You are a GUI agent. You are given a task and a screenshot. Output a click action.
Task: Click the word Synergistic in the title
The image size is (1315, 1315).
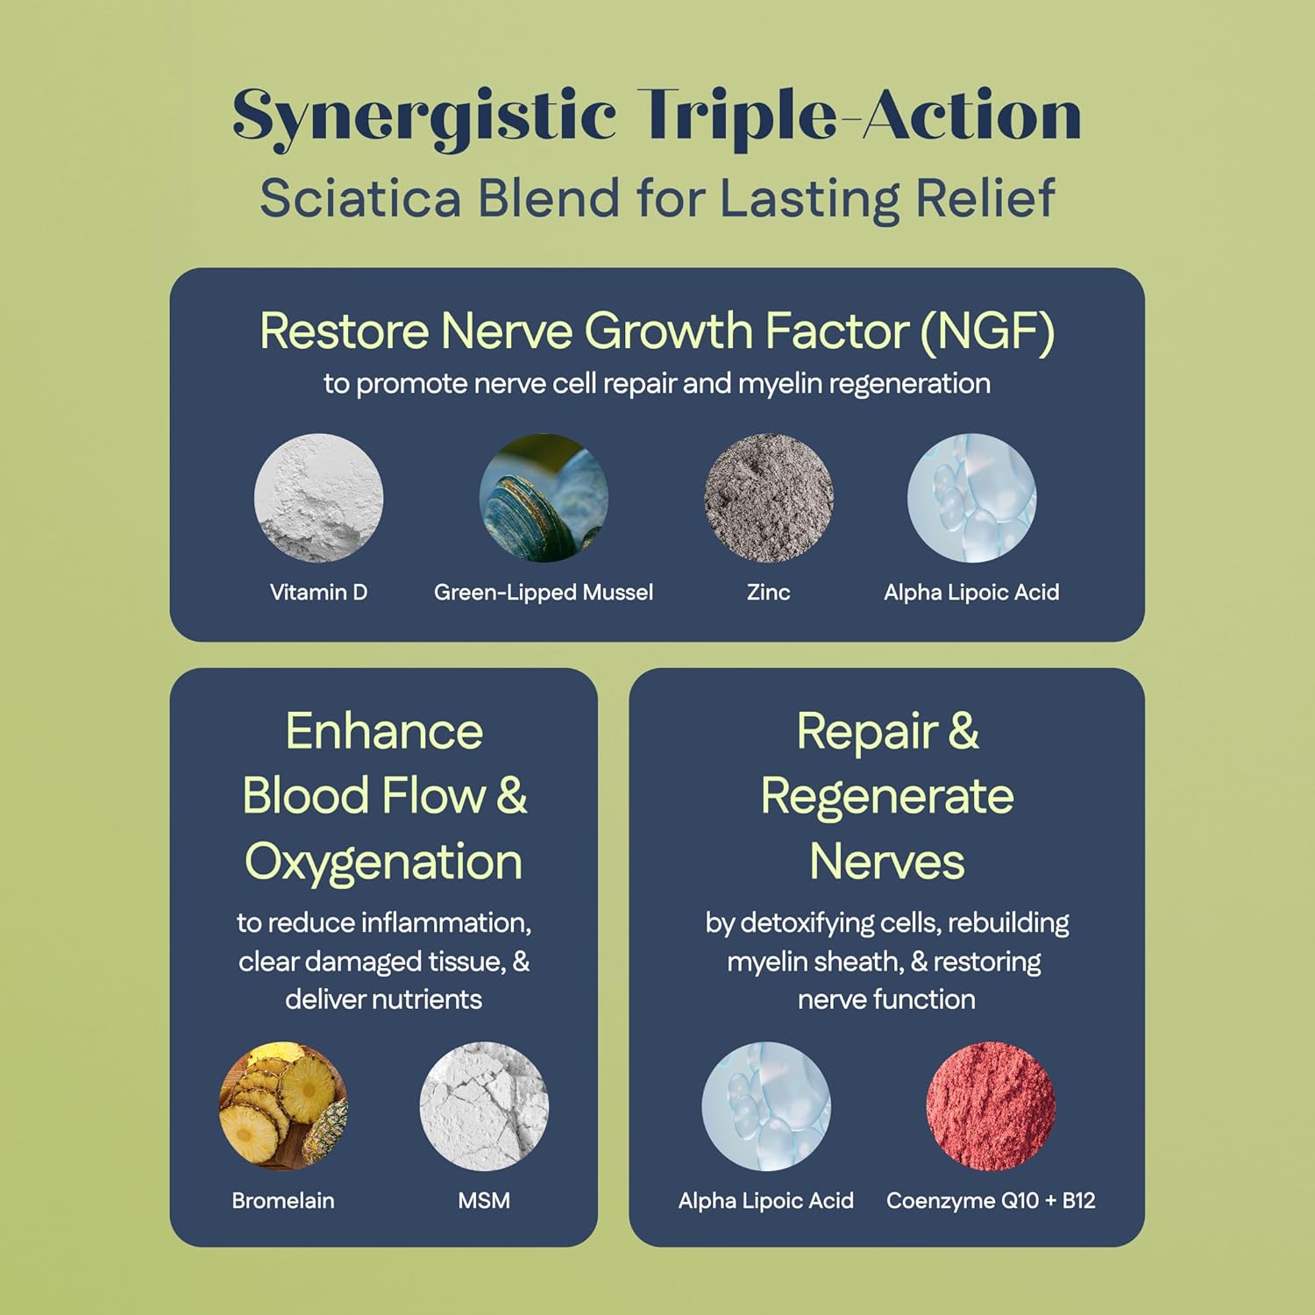click(x=424, y=117)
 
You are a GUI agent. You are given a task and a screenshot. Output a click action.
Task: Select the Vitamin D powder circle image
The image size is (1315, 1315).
click(x=318, y=497)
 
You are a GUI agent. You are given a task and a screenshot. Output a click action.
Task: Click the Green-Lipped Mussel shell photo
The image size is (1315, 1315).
click(x=544, y=497)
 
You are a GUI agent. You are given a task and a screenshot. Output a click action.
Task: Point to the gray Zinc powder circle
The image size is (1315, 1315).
click(x=768, y=497)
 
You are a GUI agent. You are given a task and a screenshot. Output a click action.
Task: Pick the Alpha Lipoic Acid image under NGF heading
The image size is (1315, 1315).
click(x=971, y=497)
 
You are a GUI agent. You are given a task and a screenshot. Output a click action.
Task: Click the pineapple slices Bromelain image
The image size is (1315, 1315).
click(x=283, y=1105)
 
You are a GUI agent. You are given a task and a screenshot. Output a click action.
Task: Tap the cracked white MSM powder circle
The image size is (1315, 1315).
click(x=484, y=1105)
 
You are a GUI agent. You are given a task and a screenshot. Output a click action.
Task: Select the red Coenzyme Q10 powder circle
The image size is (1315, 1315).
click(x=991, y=1105)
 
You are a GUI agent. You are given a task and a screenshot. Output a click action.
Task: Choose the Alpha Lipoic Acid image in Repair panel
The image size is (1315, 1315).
click(x=766, y=1105)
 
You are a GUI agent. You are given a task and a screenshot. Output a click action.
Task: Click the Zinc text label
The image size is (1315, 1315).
click(x=768, y=593)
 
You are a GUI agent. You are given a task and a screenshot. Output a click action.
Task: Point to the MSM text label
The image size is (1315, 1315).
click(x=484, y=1200)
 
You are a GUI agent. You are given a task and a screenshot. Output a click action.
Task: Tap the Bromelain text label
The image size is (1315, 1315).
click(x=283, y=1200)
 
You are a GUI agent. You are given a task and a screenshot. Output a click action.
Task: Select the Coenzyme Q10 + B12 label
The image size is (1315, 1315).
click(x=991, y=1200)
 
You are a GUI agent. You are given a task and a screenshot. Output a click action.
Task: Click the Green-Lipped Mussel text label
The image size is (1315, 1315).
click(x=544, y=593)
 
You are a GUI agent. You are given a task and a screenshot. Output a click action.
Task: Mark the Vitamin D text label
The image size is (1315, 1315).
click(x=318, y=593)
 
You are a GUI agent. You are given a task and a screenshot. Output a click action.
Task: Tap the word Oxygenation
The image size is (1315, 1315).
click(x=384, y=861)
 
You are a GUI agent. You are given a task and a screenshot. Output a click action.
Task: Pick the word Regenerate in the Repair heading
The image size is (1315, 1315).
click(x=887, y=796)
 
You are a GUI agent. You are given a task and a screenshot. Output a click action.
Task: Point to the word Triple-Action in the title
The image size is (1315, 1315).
click(x=859, y=117)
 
